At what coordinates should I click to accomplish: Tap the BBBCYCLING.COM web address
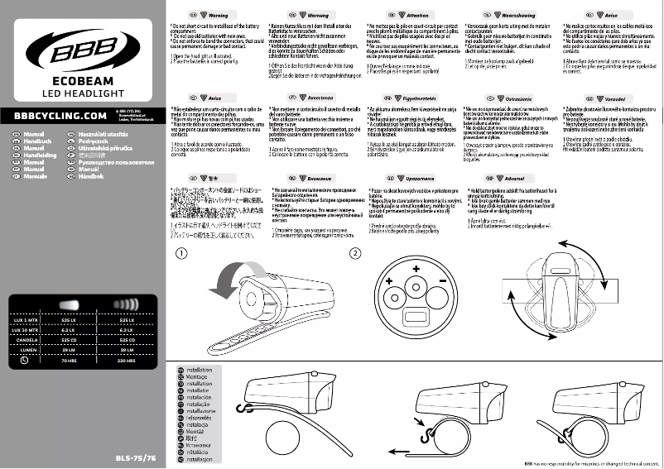tap(54, 116)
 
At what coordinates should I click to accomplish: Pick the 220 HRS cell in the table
tap(127, 361)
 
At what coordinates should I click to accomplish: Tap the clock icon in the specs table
tap(25, 361)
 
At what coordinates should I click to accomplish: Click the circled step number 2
tap(355, 253)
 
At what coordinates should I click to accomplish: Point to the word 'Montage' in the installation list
tap(199, 376)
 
